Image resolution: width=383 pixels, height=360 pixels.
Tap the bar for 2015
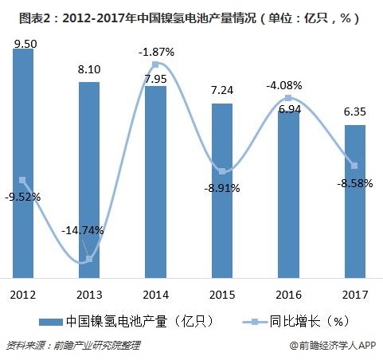tap(222, 191)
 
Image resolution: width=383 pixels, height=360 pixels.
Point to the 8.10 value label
tap(89, 70)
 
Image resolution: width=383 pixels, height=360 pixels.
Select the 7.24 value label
tap(222, 92)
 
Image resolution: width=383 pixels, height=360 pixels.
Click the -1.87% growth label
tap(157, 52)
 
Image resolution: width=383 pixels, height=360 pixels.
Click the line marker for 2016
tap(288, 98)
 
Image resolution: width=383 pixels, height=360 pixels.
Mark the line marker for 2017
tap(355, 165)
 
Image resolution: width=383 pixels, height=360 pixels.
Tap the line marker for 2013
tap(89, 259)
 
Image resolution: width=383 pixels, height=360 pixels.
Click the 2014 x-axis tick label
tap(156, 293)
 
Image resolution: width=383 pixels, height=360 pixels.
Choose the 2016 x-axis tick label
tap(288, 293)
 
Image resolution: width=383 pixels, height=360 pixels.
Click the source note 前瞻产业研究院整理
tap(96, 346)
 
